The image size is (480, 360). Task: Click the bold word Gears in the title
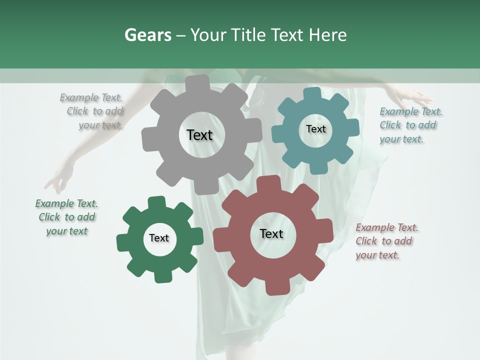point(147,35)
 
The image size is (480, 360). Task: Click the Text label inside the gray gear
point(200,135)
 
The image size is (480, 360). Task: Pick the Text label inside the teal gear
point(315,129)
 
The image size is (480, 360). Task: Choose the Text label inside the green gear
point(159,238)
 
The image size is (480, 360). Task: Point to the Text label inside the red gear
point(271,234)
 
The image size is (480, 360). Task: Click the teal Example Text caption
point(410,125)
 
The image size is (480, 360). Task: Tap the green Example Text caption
point(66,217)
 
